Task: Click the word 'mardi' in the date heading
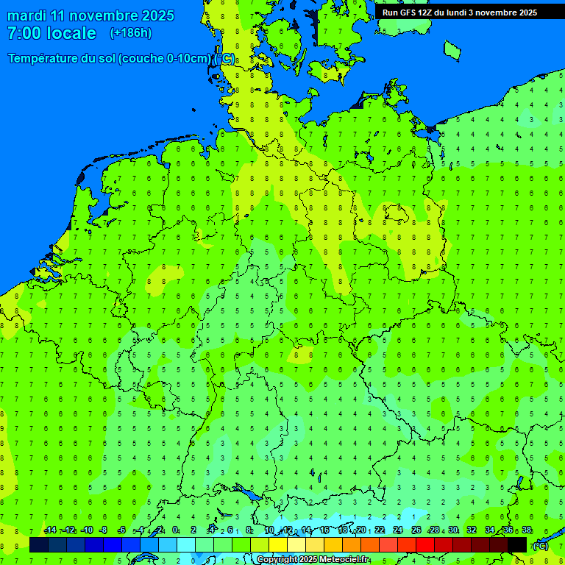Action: tap(26, 15)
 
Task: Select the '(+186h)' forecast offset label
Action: tap(130, 33)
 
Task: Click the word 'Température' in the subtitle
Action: tap(44, 59)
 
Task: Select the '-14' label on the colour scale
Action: tap(50, 530)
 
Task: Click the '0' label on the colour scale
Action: tap(175, 530)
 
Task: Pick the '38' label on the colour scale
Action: tap(527, 530)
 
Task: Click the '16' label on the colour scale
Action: tap(324, 530)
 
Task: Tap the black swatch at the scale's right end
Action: tap(517, 544)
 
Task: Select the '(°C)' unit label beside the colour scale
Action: tap(540, 545)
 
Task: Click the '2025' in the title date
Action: tap(158, 15)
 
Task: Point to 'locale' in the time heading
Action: tap(71, 33)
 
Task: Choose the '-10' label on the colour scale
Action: tap(86, 530)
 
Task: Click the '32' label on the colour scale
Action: tap(472, 530)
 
